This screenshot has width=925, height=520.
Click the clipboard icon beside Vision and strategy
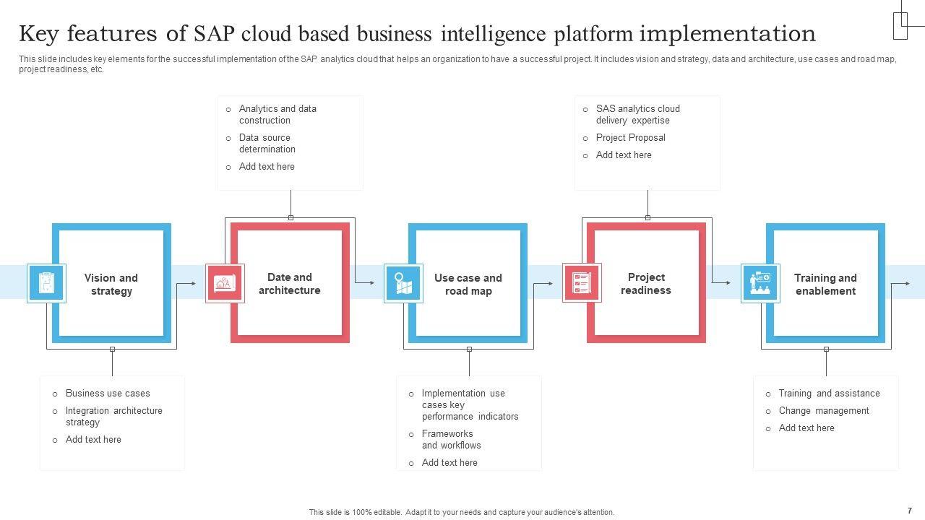tap(46, 283)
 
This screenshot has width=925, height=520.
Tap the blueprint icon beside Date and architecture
tap(225, 283)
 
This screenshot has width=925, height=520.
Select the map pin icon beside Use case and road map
tap(403, 283)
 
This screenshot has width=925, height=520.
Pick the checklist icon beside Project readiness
tap(582, 282)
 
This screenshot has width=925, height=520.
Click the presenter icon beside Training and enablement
tap(760, 283)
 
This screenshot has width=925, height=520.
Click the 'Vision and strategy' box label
tap(111, 285)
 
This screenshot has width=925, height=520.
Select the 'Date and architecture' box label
tap(290, 284)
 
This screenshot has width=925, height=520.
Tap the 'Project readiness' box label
tap(646, 284)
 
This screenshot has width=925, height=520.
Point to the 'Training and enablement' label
tap(825, 285)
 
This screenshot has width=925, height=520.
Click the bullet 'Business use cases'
tap(108, 394)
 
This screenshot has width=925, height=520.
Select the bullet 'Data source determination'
tap(267, 143)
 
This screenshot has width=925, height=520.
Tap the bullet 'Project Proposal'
tap(631, 137)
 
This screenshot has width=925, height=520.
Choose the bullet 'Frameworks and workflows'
tap(452, 440)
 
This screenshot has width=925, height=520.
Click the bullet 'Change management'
tap(824, 411)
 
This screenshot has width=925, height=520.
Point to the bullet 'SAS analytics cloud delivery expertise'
tap(638, 114)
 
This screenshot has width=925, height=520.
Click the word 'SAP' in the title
tap(215, 33)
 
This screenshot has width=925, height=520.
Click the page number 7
tap(910, 511)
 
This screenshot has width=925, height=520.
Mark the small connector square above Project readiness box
tap(648, 217)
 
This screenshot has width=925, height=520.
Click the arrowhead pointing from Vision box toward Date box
tap(193, 283)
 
